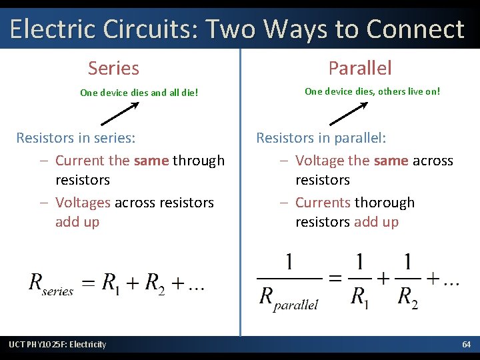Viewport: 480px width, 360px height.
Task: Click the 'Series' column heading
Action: point(113,68)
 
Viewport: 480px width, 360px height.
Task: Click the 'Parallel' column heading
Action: point(360,68)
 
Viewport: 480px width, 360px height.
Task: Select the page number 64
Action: point(467,344)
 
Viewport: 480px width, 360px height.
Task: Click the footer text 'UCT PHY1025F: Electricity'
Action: point(57,344)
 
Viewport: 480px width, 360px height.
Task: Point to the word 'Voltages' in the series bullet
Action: point(83,202)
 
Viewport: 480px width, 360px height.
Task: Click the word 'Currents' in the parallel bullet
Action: point(323,202)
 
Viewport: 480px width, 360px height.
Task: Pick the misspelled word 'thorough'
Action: point(385,202)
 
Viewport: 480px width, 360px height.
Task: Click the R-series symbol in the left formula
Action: point(50,284)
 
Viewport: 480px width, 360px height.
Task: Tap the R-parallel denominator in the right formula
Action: point(289,297)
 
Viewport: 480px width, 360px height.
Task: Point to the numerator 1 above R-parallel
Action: point(289,263)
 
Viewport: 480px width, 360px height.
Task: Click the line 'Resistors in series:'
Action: point(75,138)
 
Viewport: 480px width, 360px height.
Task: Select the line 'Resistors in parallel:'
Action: point(321,138)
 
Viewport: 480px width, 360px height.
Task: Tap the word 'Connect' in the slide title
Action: point(415,29)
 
